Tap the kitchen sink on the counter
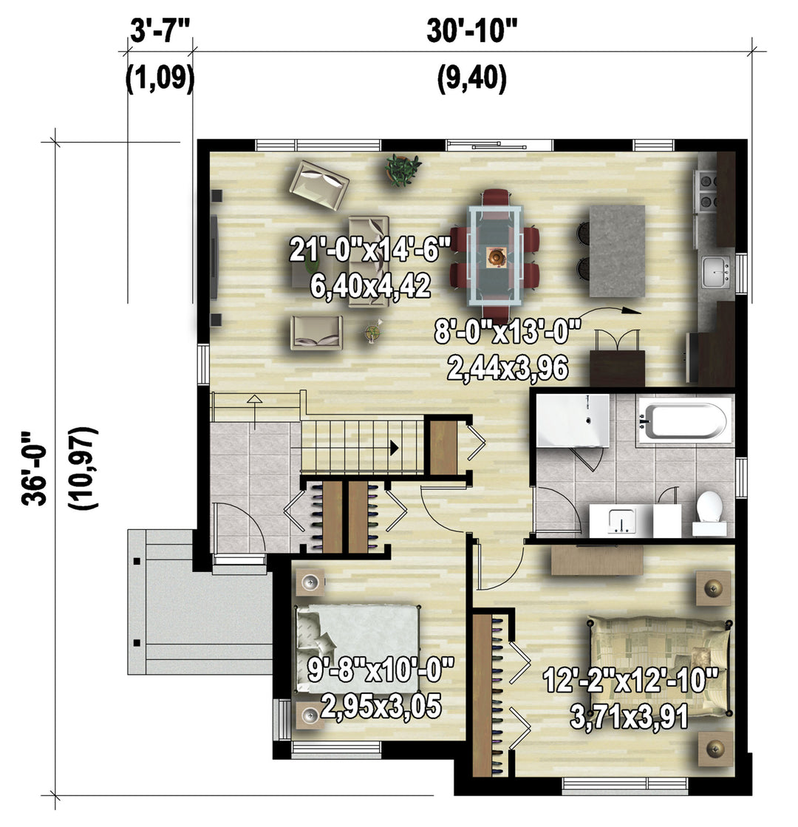pos(716,271)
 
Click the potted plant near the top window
pos(403,169)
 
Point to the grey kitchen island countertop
pos(617,251)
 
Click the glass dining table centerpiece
pos(497,257)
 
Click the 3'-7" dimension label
pos(160,32)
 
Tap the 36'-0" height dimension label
pos(35,469)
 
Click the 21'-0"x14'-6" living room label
pos(370,249)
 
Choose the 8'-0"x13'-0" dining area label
pos(508,331)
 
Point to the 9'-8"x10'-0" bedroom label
pos(381,670)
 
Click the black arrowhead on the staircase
pos(394,449)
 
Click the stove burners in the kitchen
pos(707,191)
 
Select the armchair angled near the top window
pos(319,183)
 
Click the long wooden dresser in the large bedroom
pos(597,561)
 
